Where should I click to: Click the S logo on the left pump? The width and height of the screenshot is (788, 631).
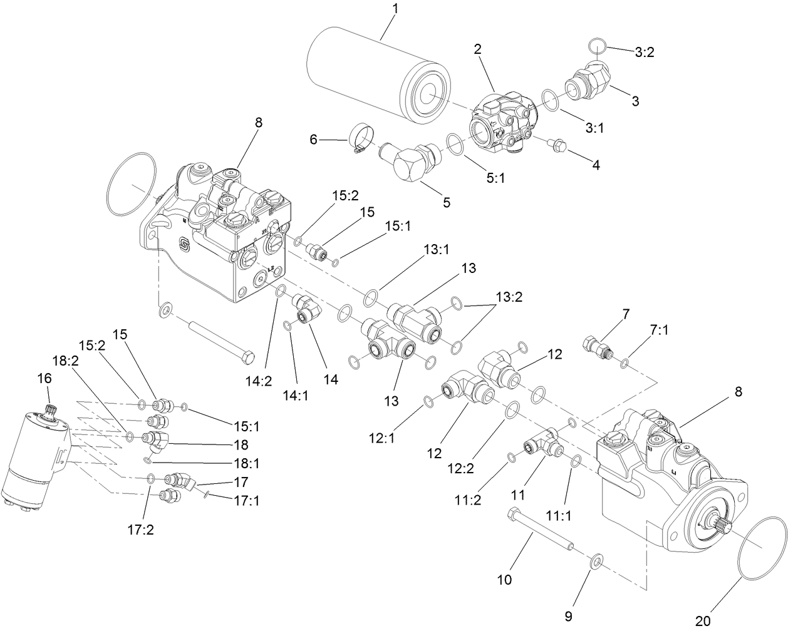pos(185,246)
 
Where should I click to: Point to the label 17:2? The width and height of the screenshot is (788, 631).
pos(142,530)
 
